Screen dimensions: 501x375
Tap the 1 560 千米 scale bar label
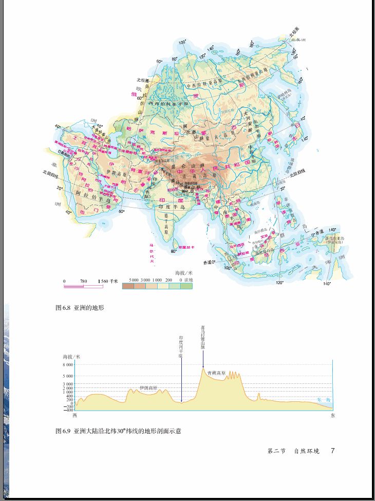pos(107,281)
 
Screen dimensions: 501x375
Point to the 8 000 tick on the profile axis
pos(68,364)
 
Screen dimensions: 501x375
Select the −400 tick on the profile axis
pos(68,410)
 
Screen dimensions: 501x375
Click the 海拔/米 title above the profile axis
pos(71,357)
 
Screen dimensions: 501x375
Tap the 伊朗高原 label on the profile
pos(148,388)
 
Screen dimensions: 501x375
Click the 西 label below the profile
pos(74,415)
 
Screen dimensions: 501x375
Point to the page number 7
pos(333,451)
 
